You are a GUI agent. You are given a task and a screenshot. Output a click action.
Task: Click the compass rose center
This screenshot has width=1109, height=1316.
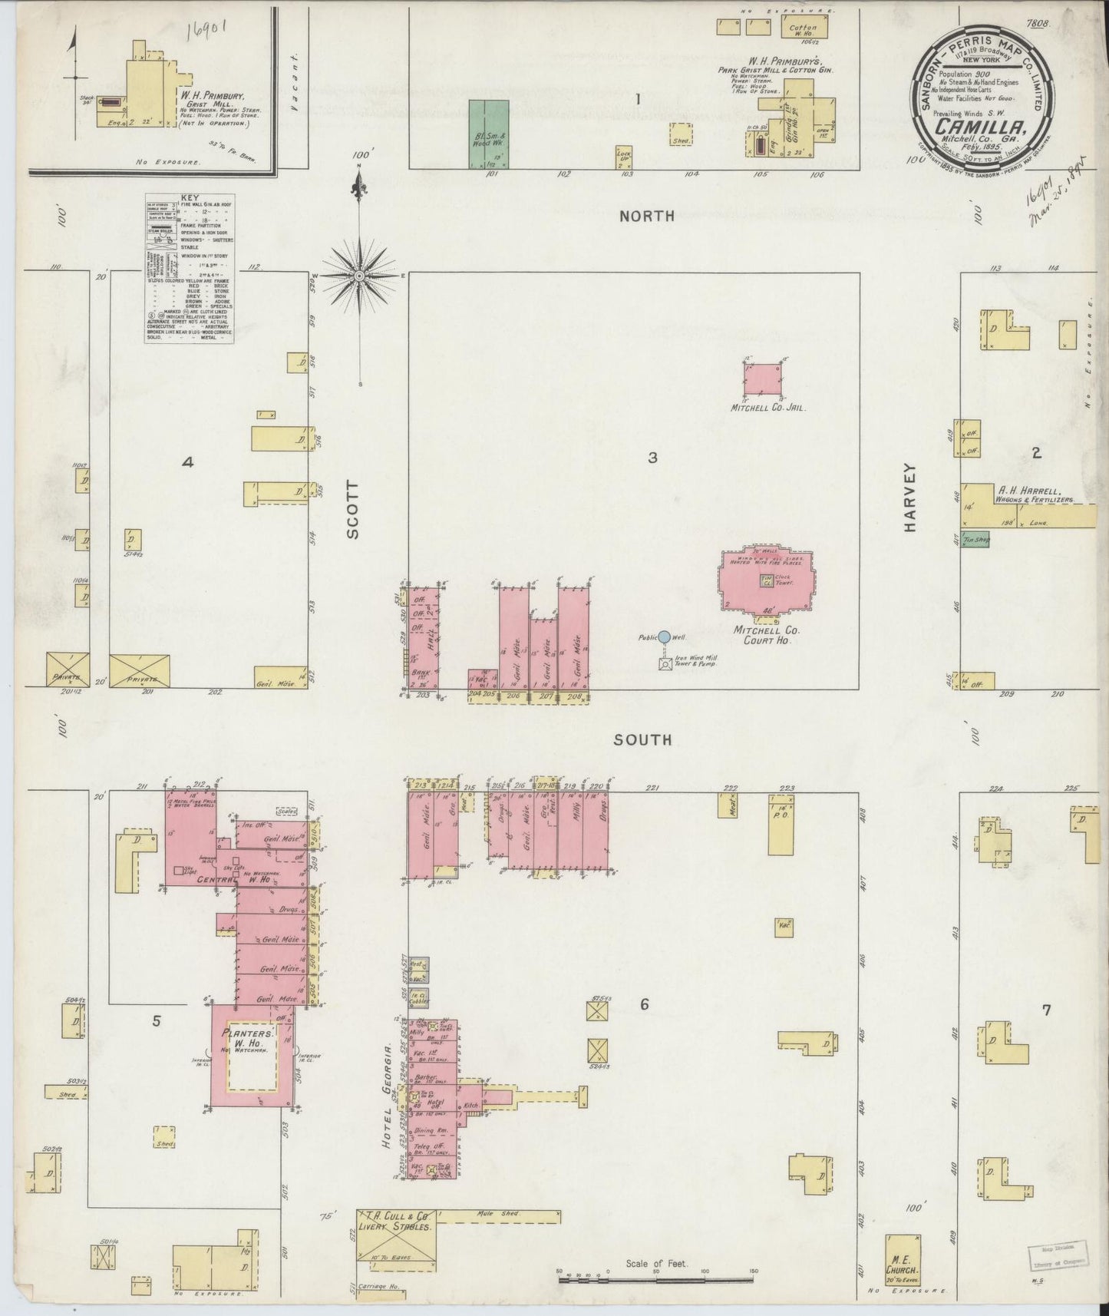[358, 275]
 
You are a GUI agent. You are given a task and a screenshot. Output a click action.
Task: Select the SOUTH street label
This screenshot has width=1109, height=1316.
[643, 740]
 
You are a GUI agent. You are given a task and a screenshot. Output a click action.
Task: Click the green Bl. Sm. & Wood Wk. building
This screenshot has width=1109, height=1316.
[488, 134]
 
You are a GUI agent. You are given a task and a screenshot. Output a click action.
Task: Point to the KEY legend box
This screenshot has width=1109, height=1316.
[189, 269]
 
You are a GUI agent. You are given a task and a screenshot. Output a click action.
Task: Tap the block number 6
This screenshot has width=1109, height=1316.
[645, 1004]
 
